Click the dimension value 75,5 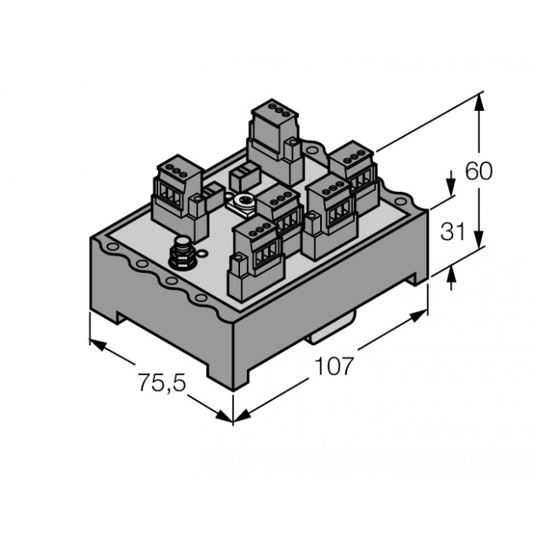(163, 384)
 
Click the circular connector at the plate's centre (243, 203)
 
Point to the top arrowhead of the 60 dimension (479, 99)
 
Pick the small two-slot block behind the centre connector (243, 175)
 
